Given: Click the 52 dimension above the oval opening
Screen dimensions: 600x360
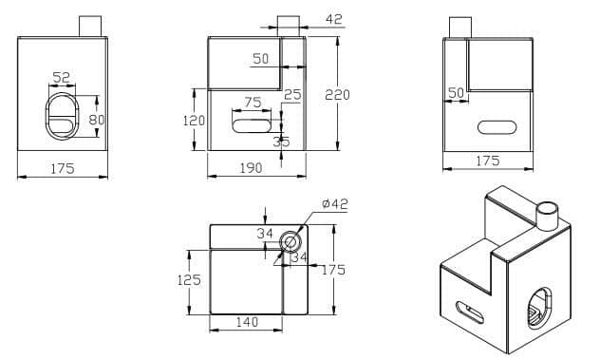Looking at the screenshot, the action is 61,78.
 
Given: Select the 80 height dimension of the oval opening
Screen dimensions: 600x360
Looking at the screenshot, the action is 97,120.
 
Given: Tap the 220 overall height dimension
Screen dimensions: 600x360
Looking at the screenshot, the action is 337,95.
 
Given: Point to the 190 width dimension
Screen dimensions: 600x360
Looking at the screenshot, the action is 251,168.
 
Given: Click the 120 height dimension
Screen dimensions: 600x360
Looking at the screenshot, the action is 194,121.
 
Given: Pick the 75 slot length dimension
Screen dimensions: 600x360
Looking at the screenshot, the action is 253,103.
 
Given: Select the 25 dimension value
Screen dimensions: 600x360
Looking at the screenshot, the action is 292,95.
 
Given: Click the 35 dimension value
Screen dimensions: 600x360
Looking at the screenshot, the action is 282,142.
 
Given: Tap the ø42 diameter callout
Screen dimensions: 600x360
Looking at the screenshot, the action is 335,203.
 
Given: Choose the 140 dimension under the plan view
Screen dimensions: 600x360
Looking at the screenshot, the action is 247,322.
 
